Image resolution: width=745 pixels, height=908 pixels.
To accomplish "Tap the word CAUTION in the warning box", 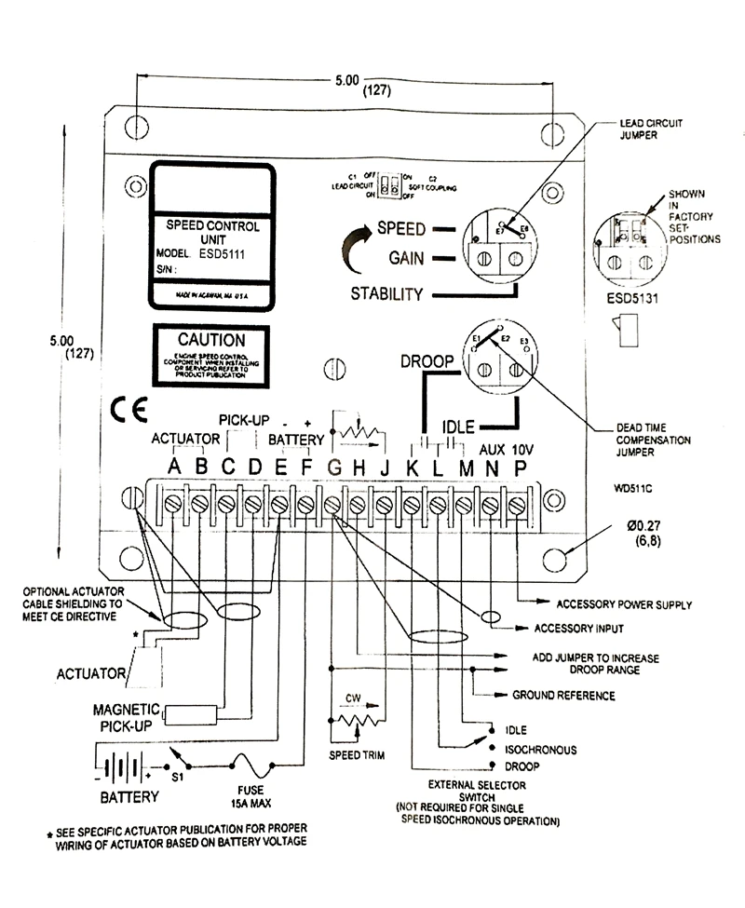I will pos(211,341).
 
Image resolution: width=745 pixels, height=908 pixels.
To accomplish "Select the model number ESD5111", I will pos(215,252).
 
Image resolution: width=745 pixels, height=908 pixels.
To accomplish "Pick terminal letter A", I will pos(172,468).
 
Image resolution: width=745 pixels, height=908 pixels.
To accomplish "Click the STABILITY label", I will pos(387,295).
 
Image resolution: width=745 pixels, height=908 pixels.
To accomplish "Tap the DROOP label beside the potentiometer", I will pos(427,360).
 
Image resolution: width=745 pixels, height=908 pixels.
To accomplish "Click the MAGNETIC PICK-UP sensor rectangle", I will pos(194,714).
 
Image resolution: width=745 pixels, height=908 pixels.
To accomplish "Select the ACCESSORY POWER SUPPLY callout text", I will pos(623,604).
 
